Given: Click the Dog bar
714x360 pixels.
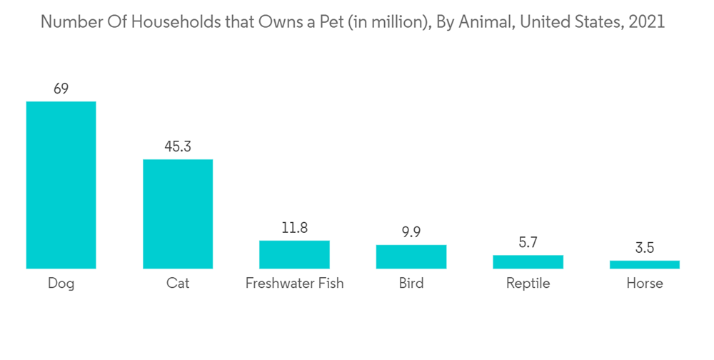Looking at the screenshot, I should point(61,185).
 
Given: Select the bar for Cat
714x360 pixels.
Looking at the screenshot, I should point(178,214).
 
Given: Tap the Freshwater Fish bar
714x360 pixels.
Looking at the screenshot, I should point(294,254).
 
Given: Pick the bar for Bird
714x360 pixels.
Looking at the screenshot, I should point(411,256).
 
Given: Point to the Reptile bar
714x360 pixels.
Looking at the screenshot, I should point(528,261).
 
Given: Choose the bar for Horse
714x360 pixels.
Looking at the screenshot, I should point(645,264).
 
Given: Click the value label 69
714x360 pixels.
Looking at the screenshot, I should point(61,89).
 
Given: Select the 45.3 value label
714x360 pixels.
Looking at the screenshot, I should point(178,146).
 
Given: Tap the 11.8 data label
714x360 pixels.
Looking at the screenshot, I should point(294,228).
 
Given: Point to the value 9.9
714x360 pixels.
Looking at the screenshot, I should point(411,232).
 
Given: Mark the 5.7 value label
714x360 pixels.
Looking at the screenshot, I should point(528,243).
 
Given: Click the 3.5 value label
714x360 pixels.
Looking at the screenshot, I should point(645,248).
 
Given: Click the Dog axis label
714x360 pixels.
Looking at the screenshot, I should point(61,284).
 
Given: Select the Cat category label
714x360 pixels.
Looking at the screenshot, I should point(178,284).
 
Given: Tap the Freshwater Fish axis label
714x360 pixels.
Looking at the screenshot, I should point(294,284).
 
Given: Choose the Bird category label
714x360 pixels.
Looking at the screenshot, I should point(411,284).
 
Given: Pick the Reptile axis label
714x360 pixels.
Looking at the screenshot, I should point(528,284).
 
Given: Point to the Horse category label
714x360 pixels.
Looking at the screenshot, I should point(645,284).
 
